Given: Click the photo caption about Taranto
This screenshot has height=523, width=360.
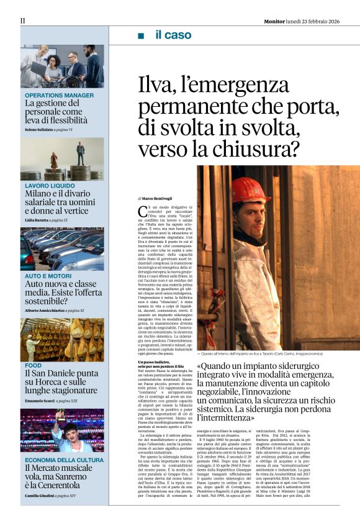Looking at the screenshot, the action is pos(267,353).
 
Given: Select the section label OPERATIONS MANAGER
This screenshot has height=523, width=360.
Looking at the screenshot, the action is pos(60,95).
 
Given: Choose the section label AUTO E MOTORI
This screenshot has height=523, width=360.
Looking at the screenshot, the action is pos(48,275).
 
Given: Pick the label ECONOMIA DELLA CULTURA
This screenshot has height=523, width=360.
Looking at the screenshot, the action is pos(65,460).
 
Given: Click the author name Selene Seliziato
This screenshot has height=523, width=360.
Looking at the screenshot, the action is pos(38,129).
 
